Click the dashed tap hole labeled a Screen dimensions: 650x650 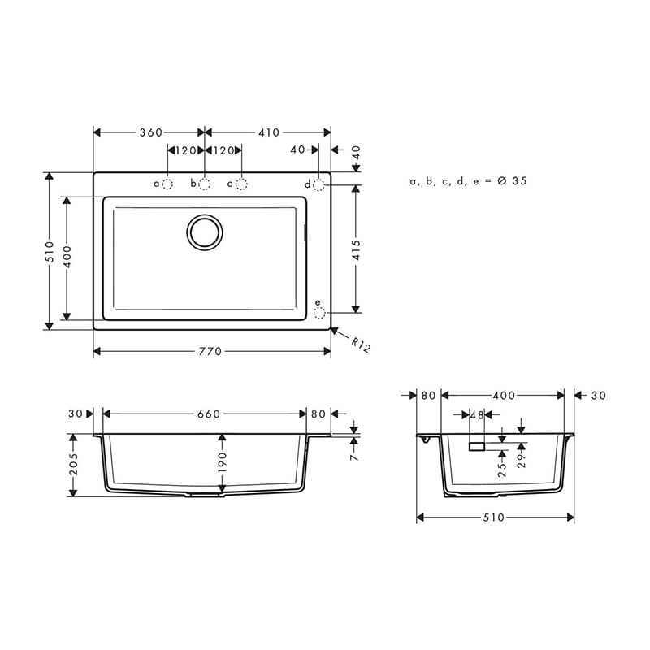pyautogui.click(x=167, y=184)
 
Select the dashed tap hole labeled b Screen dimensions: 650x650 pyautogui.click(x=205, y=184)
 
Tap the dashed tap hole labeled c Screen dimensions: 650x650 pyautogui.click(x=241, y=184)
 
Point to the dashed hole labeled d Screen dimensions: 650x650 pyautogui.click(x=318, y=185)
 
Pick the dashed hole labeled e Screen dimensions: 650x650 pyautogui.click(x=319, y=314)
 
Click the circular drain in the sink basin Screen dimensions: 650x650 pyautogui.click(x=205, y=232)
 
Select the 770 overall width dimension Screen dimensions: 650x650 pyautogui.click(x=210, y=352)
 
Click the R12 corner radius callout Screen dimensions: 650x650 pyautogui.click(x=361, y=344)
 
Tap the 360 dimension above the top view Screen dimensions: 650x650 pyautogui.click(x=151, y=132)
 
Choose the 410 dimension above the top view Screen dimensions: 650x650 pyautogui.click(x=269, y=132)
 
